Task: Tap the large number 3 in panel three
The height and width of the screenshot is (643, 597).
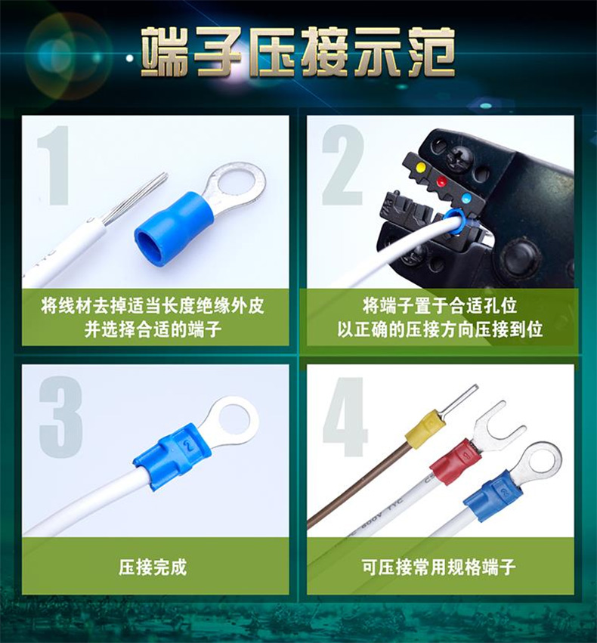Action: coord(60,417)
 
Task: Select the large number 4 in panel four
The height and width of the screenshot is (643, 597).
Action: coord(345,416)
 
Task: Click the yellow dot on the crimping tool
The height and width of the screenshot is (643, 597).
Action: coord(421,167)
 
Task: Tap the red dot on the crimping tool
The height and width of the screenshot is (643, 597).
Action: coord(441,181)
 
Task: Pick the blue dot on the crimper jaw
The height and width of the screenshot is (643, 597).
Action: coord(466,199)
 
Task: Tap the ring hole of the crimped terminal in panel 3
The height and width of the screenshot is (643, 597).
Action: coord(235,419)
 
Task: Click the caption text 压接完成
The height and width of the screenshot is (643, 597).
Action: coord(153,567)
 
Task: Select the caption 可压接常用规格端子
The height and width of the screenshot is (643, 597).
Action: coord(439,567)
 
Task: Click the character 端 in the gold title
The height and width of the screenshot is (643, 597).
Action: coord(166,52)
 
